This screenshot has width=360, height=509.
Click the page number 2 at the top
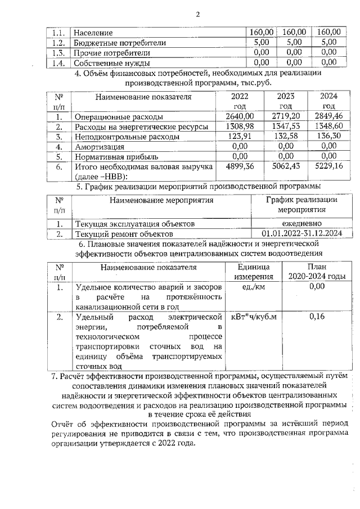(x=198, y=14)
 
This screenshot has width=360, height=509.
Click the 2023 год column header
(x=286, y=101)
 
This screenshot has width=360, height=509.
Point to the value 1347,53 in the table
(x=286, y=127)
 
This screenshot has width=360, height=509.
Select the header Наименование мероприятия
(x=162, y=200)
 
